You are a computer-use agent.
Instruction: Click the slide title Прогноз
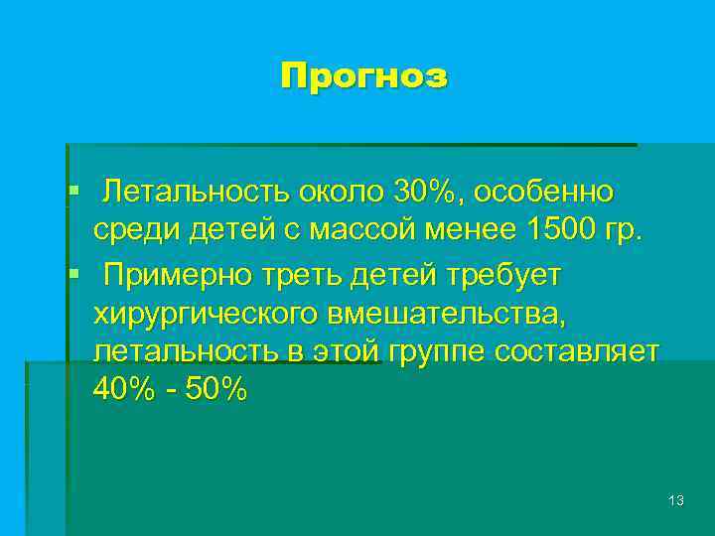(x=363, y=76)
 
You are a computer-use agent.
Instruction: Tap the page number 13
(x=676, y=501)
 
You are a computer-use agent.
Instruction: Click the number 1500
(x=566, y=231)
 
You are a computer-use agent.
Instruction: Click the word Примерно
(x=180, y=274)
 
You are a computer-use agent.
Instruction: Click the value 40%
(x=123, y=390)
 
